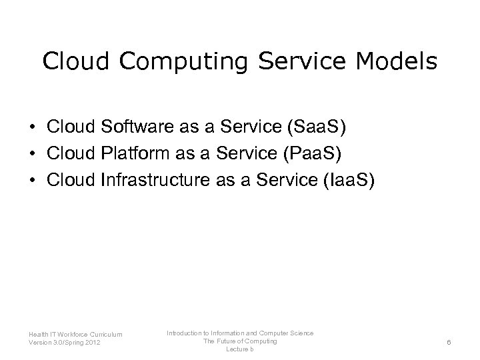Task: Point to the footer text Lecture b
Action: [240, 350]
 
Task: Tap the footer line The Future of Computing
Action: [240, 341]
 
